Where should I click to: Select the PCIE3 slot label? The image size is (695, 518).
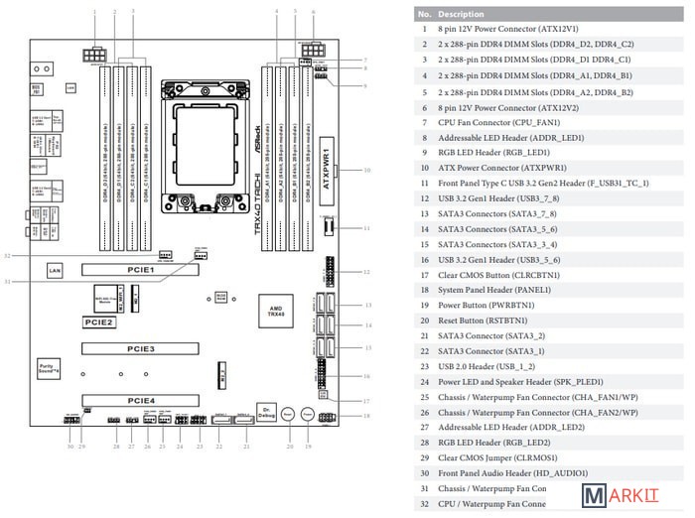[x=140, y=349]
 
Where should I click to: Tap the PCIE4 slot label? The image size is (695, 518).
[x=140, y=400]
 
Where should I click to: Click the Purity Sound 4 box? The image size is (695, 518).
[x=49, y=367]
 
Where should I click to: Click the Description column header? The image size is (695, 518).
[x=462, y=15]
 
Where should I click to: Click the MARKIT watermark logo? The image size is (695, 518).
[x=634, y=497]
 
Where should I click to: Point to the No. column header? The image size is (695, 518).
[x=424, y=15]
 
